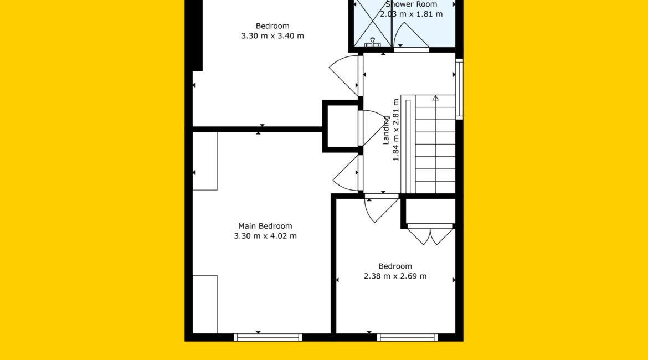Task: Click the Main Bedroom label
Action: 265,226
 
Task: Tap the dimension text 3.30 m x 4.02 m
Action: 265,236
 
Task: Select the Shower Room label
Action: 411,4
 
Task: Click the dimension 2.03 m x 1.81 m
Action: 411,14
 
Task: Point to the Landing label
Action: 386,130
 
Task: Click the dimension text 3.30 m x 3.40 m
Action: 272,36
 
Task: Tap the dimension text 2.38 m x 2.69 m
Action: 395,276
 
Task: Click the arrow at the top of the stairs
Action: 435,99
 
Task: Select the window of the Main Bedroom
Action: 268,337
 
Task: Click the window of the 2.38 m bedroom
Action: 407,337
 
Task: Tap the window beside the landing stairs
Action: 459,89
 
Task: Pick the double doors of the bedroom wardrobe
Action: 430,235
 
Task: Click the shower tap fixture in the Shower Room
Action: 372,42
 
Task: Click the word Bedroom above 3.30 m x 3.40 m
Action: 272,25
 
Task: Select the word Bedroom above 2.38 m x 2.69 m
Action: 395,266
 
